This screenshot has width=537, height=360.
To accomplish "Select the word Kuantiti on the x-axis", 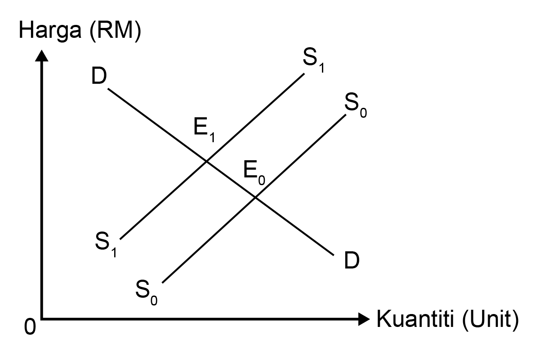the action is point(415,319).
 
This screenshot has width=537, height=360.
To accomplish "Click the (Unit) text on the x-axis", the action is point(490,320).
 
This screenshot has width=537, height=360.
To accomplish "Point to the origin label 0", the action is point(30,326).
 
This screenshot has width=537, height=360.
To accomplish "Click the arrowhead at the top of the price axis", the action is point(42,55).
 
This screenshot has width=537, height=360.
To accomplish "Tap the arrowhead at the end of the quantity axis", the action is point(364,319).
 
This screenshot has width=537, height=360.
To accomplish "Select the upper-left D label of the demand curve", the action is point(99,76).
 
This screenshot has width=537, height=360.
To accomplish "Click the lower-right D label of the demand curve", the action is point(352,260).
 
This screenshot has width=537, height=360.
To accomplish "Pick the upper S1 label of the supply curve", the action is point(313,60).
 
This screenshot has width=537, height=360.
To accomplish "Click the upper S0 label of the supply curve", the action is point(355,106).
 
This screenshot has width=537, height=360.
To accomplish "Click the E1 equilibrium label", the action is point(204,130).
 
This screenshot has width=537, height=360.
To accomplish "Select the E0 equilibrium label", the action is point(254,173).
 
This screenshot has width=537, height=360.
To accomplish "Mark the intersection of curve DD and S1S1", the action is point(206,161).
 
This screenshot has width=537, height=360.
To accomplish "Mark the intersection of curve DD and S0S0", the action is point(255,197).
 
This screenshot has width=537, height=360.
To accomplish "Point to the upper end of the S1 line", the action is point(304,74).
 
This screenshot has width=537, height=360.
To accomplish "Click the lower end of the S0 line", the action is point(163,283).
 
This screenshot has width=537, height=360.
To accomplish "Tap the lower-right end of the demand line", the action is point(334,255).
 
